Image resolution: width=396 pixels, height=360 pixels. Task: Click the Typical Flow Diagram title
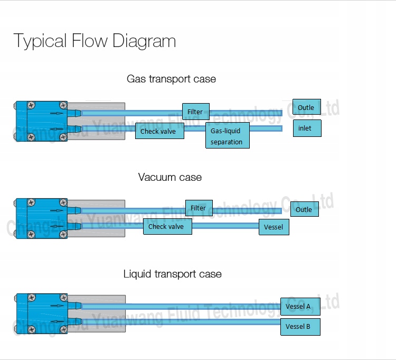95,41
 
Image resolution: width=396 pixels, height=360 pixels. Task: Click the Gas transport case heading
171,79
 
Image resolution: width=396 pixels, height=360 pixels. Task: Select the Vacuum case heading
169,177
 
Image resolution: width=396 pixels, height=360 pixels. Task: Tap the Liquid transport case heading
172,274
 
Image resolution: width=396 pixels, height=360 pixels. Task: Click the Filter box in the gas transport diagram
195,112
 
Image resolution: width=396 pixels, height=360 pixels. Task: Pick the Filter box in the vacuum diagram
198,208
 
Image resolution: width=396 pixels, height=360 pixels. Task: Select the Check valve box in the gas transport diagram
159,131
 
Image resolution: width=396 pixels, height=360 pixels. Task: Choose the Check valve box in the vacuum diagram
167,227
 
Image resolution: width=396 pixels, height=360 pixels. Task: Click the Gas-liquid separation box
227,135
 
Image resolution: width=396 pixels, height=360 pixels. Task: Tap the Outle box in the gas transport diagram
306,108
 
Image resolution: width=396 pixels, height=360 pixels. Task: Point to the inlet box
307,128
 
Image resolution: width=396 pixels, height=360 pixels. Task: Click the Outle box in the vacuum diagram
304,209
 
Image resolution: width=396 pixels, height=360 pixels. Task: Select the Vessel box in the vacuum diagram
274,227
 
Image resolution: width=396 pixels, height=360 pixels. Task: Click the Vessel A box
299,307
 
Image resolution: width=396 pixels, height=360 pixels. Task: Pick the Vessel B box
299,326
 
